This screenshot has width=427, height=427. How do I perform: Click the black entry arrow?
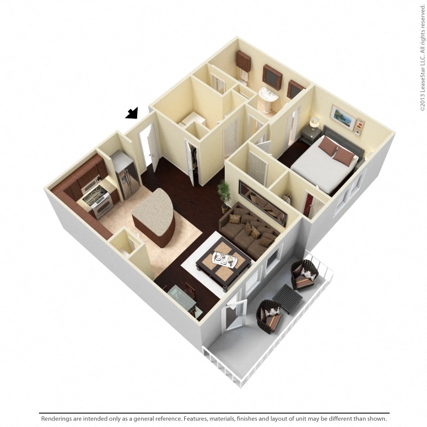point(132,113)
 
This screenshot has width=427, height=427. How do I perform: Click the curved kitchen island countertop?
point(152,210)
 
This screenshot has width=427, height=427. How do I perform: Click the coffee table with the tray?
point(224,262)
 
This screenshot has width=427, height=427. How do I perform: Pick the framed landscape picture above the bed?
point(342,117)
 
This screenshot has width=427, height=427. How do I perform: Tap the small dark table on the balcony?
point(287,298)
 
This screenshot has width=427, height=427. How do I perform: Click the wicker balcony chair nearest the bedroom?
point(305,274)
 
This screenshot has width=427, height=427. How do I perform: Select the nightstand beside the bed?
point(311,137)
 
